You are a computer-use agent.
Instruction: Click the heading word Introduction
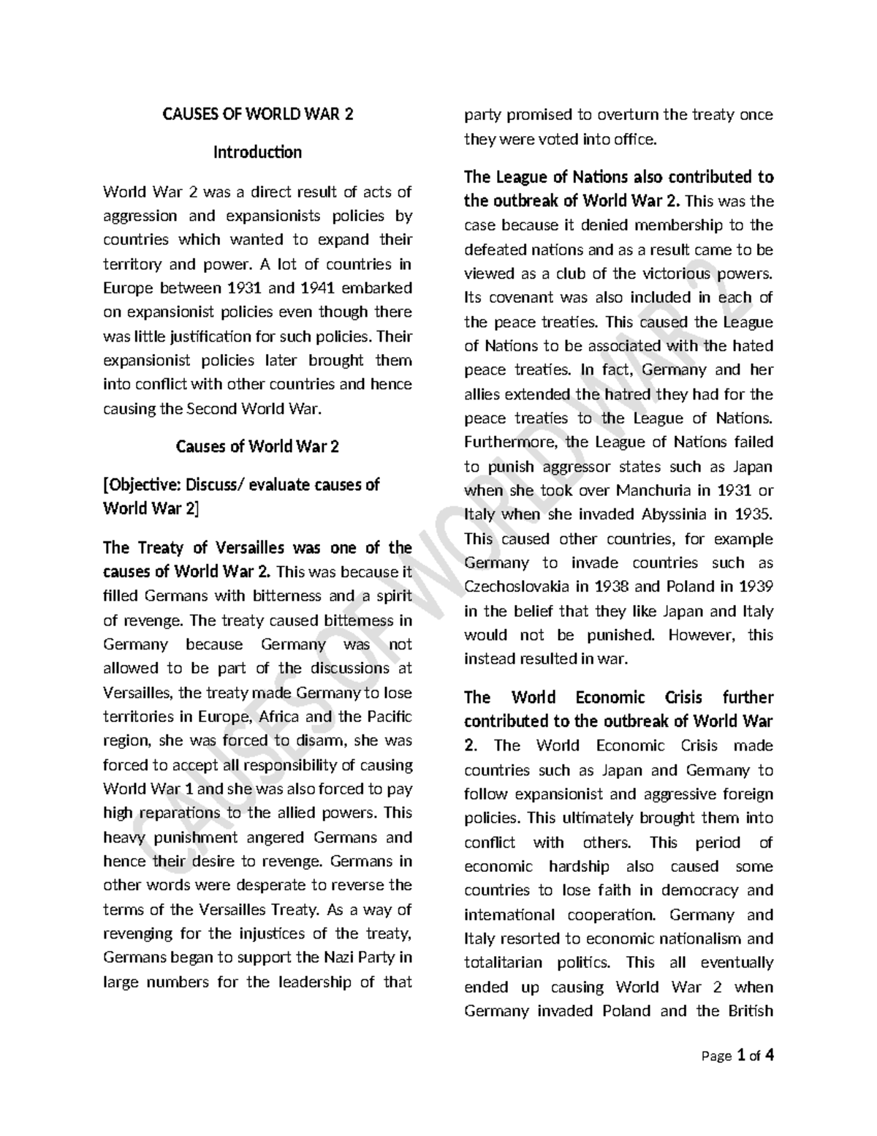(257, 152)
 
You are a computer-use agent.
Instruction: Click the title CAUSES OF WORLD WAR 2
(257, 115)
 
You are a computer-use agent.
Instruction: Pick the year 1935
(753, 514)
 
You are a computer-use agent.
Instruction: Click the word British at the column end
(750, 1011)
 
